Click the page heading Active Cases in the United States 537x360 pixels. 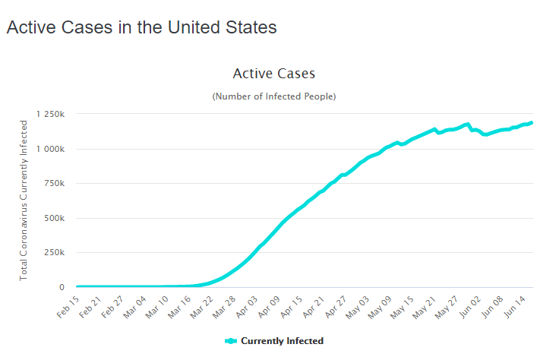(x=141, y=27)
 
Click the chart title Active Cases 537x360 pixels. (x=273, y=74)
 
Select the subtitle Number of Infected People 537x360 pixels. (x=273, y=96)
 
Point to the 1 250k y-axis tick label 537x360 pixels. (x=49, y=114)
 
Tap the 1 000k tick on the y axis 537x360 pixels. (x=49, y=149)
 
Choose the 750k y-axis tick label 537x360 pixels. (x=54, y=183)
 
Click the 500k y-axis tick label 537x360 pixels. (x=54, y=218)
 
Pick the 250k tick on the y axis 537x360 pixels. (x=54, y=253)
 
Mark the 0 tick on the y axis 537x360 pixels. (x=61, y=287)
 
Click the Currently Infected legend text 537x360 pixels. (x=282, y=341)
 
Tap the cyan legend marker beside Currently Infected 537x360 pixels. (x=231, y=341)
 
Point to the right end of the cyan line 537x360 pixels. (x=531, y=122)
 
